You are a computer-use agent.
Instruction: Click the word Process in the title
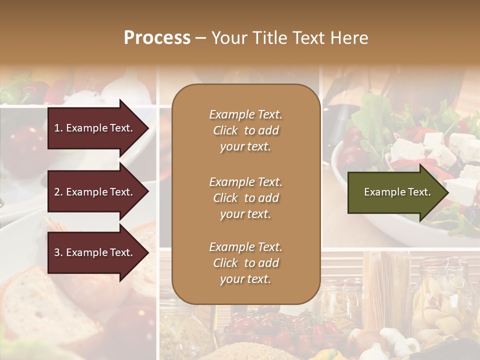pos(157,38)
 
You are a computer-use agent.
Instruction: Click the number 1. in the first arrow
pos(58,128)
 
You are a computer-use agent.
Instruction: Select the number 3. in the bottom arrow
pos(58,252)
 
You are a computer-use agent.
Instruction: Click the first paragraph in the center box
pos(245,130)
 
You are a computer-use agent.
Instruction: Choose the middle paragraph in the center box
pos(245,198)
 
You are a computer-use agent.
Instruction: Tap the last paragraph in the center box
pos(245,263)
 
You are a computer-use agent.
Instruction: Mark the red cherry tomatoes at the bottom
pos(280,327)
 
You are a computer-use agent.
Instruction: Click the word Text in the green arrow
pos(420,192)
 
